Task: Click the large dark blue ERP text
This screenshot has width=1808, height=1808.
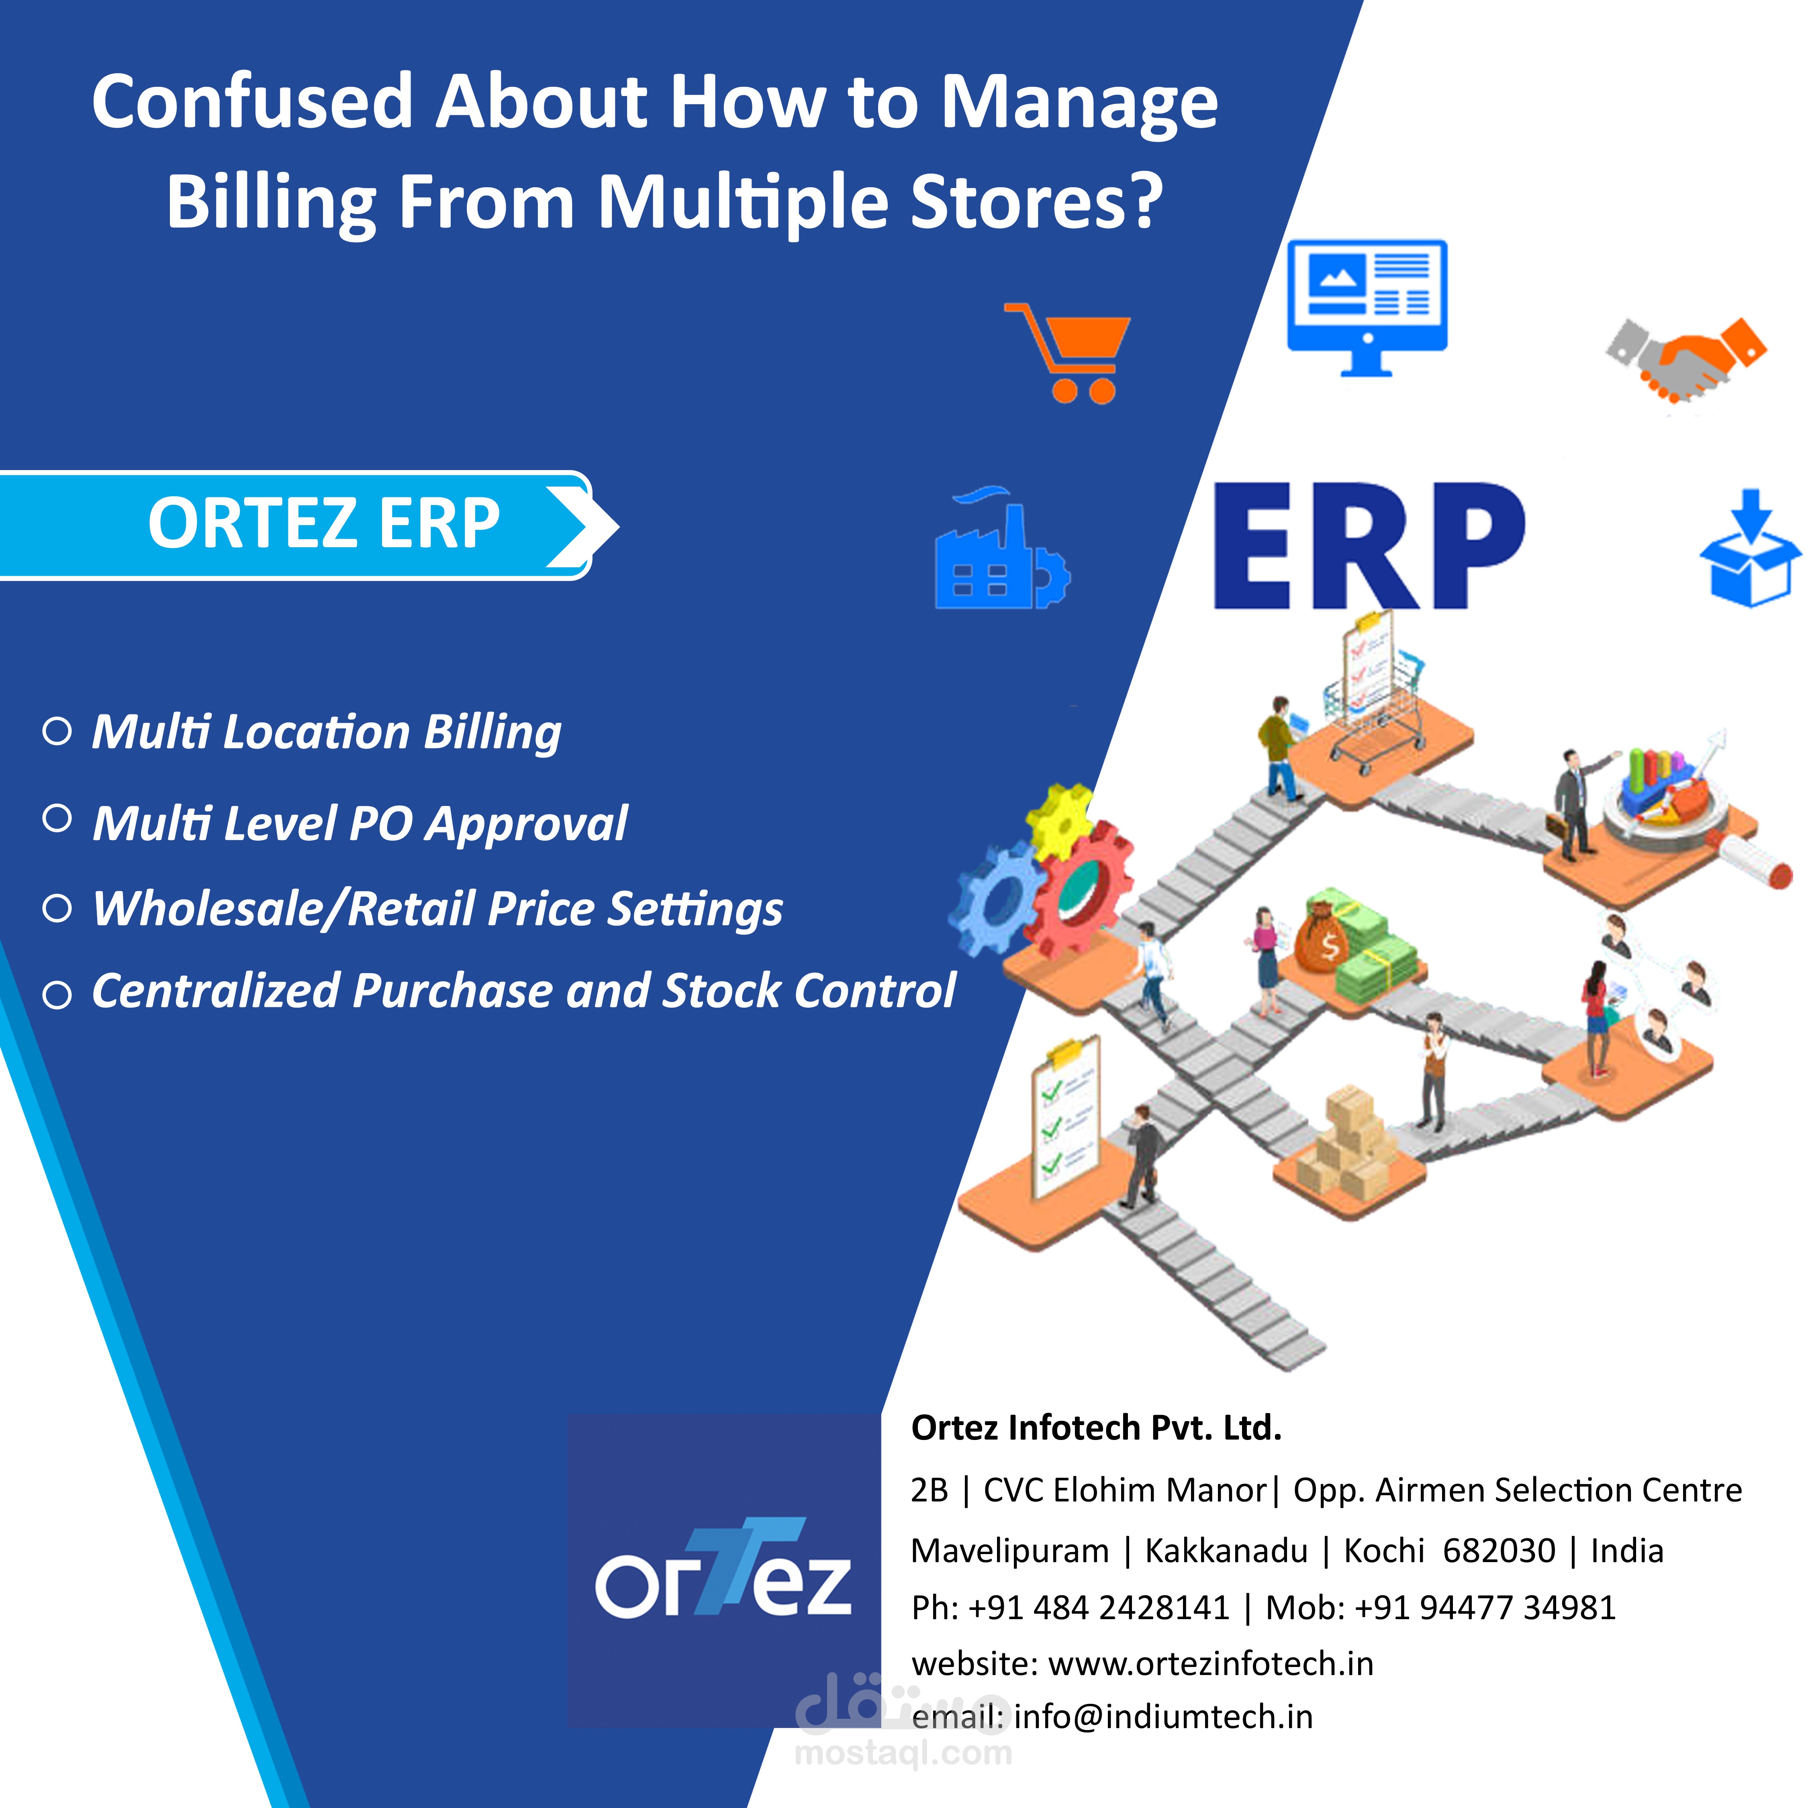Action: (x=1368, y=548)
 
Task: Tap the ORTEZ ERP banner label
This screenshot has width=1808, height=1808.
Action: (x=323, y=524)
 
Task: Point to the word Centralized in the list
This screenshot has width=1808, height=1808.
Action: (x=215, y=991)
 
